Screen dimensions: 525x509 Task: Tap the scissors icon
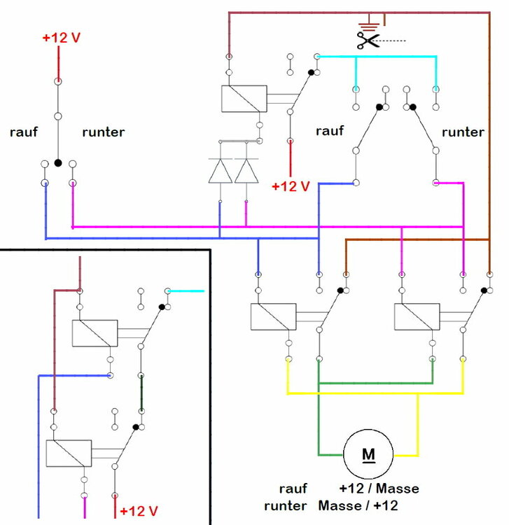click(x=367, y=40)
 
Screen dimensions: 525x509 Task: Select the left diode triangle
click(x=220, y=171)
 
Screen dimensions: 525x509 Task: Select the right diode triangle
click(x=246, y=171)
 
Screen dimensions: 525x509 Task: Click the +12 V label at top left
click(x=62, y=38)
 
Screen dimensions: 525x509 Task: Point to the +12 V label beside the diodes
click(x=291, y=186)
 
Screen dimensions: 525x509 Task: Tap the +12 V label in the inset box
click(x=139, y=510)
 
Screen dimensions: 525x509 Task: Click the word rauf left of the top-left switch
click(x=24, y=132)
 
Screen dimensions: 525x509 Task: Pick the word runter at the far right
click(x=462, y=132)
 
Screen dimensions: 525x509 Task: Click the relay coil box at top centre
click(x=244, y=99)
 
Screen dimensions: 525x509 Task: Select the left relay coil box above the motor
click(x=274, y=316)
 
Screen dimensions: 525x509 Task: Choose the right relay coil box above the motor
click(x=417, y=316)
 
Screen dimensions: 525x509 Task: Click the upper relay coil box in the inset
click(x=95, y=332)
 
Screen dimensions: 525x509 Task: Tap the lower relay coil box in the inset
click(x=69, y=453)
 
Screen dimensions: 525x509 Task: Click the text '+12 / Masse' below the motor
click(x=379, y=489)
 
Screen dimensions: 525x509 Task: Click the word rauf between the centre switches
click(x=330, y=131)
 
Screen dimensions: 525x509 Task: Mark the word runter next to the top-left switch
click(x=104, y=132)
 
